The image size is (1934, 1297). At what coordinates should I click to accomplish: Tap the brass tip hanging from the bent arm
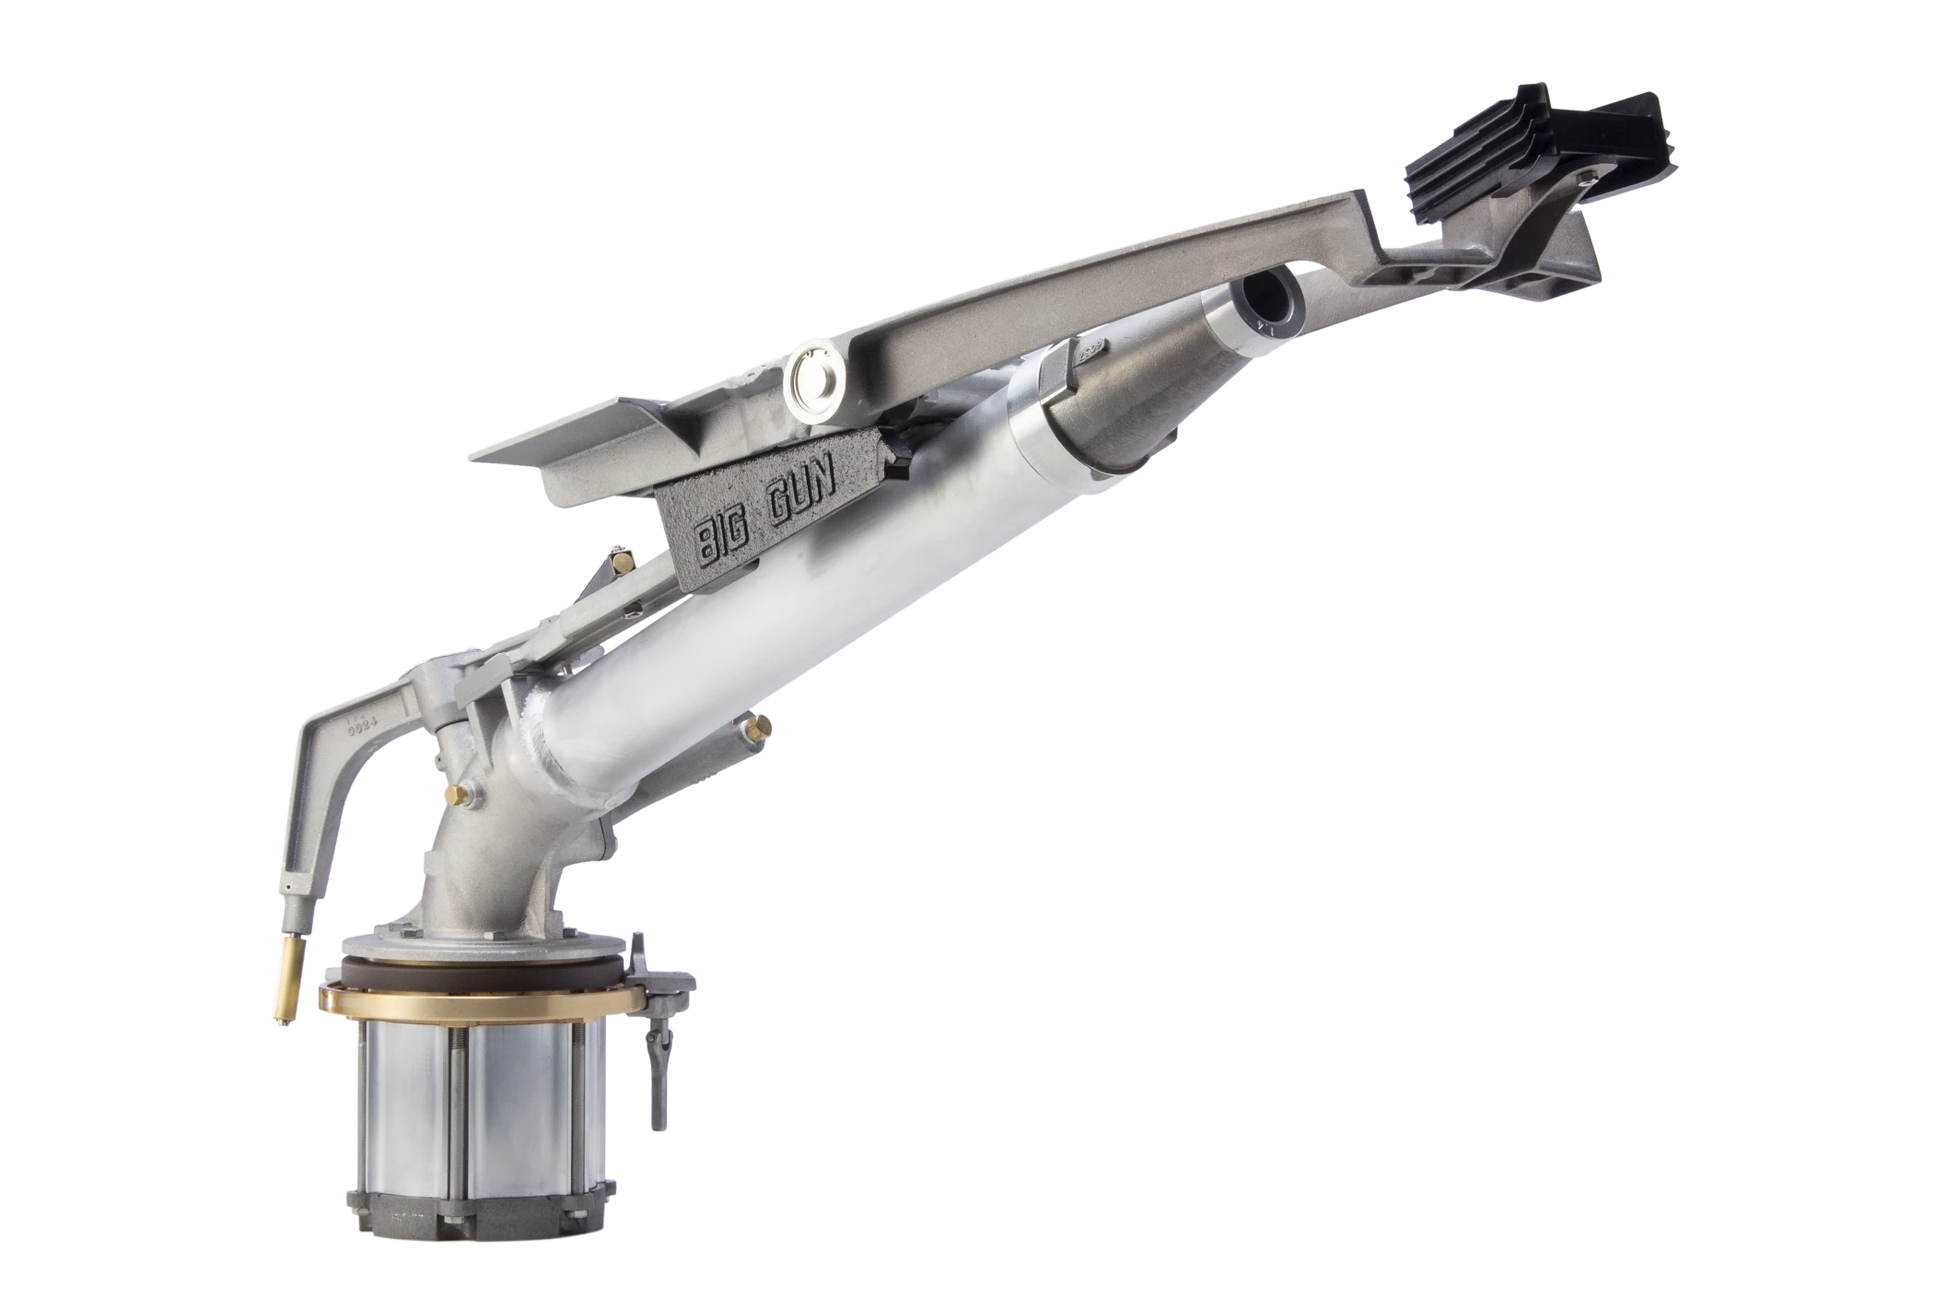[288, 987]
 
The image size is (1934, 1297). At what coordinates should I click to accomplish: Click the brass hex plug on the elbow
[454, 793]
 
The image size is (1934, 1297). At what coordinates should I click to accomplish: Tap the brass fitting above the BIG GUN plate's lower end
[624, 561]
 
